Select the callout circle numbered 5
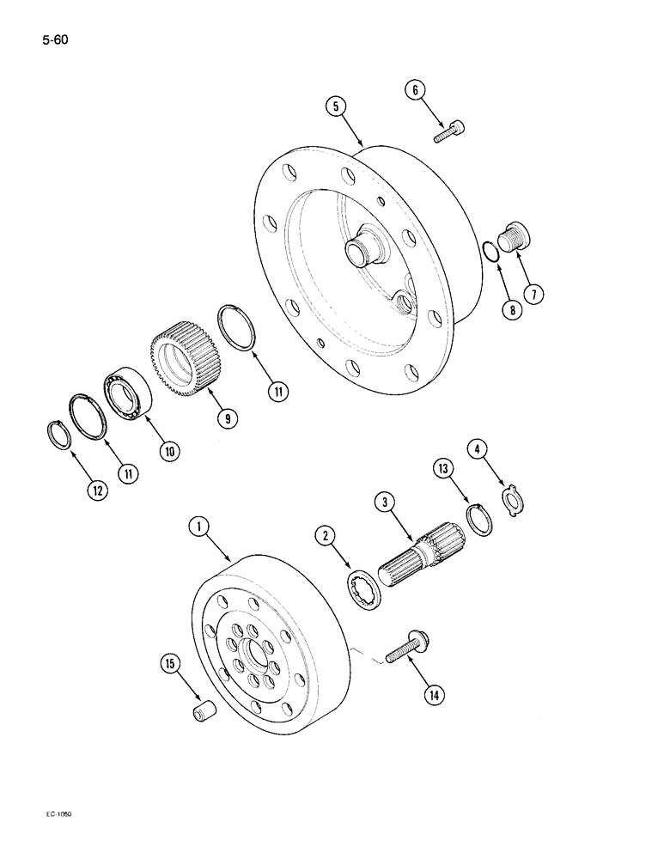tap(336, 107)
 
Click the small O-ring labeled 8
tap(488, 253)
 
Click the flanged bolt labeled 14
tap(407, 647)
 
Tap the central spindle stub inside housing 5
tap(359, 253)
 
